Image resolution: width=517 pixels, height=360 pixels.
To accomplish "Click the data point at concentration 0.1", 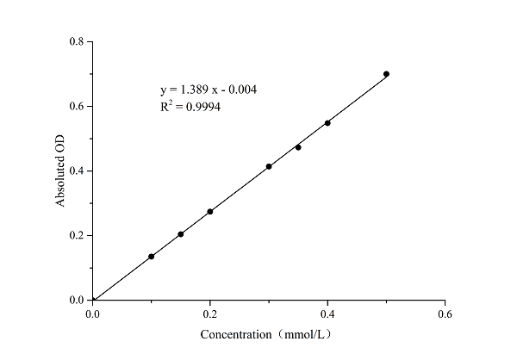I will tap(152, 257).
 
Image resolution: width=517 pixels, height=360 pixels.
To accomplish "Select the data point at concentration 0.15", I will tap(181, 234).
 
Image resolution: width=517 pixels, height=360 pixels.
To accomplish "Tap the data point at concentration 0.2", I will tap(210, 212).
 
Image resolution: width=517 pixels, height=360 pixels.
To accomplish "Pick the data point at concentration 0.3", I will tap(269, 166).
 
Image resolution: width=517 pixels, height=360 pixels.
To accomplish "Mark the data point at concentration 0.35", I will tap(298, 147).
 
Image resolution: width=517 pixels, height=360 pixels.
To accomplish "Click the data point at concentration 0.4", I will tap(327, 123).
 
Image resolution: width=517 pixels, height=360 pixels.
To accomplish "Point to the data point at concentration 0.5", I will tap(386, 74).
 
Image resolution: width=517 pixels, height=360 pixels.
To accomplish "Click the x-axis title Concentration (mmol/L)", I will tap(266, 334).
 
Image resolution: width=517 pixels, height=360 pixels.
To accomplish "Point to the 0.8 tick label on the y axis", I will tap(78, 41).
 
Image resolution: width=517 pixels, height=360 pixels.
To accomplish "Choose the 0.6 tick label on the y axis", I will tap(78, 106).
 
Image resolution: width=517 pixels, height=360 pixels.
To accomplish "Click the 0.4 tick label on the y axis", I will tap(78, 171).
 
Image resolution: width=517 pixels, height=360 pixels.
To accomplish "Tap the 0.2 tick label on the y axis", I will tap(78, 235).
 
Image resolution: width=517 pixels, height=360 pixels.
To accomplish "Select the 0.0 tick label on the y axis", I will tap(78, 300).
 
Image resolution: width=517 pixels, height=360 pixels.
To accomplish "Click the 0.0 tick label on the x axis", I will tap(93, 314).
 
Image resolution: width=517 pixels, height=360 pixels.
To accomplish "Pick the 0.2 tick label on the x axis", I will tap(210, 314).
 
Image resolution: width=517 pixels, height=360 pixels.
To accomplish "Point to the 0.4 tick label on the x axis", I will tap(327, 314).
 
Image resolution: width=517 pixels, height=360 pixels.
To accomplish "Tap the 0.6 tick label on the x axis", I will tap(445, 314).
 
